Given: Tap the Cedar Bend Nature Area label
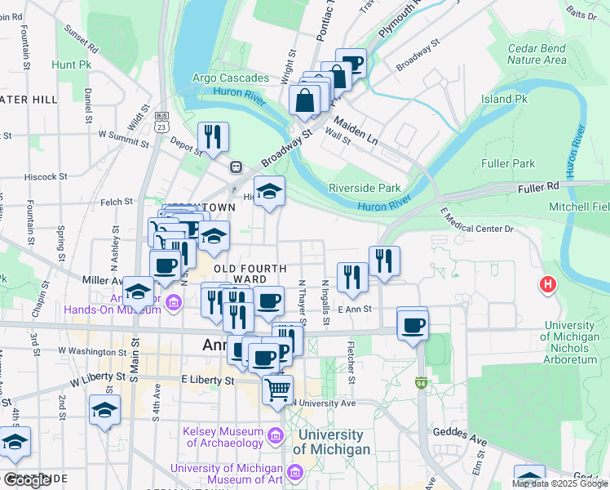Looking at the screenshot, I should (537, 54).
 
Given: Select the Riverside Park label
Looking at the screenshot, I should (365, 188).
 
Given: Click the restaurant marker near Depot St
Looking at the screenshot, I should (214, 136).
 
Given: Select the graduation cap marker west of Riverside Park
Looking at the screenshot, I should (270, 191).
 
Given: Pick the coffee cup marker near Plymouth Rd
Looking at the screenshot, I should (351, 62).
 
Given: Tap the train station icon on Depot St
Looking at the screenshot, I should (236, 167).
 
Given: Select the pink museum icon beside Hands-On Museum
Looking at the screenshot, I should (172, 305).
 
